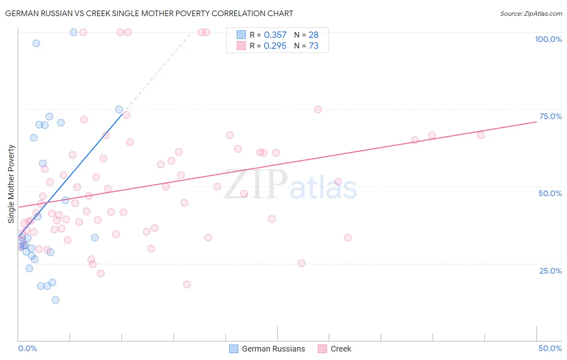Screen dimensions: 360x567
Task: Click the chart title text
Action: (149, 13)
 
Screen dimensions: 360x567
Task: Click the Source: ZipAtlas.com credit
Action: (531, 13)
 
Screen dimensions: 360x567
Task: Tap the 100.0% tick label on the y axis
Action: (548, 39)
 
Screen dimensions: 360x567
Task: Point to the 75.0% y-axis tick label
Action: (550, 116)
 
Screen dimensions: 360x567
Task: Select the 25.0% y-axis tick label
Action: (550, 270)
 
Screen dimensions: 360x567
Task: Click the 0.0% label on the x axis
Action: (27, 348)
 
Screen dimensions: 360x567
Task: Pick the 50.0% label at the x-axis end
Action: (550, 348)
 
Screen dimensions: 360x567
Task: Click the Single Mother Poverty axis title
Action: (11, 184)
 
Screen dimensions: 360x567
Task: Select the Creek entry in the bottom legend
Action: (340, 349)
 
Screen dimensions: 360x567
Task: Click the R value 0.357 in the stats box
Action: (275, 35)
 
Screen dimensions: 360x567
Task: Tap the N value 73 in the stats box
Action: (314, 46)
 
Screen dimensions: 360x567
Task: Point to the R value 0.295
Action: (275, 46)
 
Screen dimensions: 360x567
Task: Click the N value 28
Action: (314, 35)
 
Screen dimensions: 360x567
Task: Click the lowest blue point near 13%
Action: (56, 300)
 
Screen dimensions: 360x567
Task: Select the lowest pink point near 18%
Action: (187, 285)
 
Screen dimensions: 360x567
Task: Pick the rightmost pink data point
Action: (481, 135)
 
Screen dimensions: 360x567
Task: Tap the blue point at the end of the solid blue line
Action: (119, 109)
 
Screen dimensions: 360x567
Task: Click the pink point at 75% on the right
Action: (318, 109)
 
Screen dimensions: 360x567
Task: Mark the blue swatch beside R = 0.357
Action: (241, 35)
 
